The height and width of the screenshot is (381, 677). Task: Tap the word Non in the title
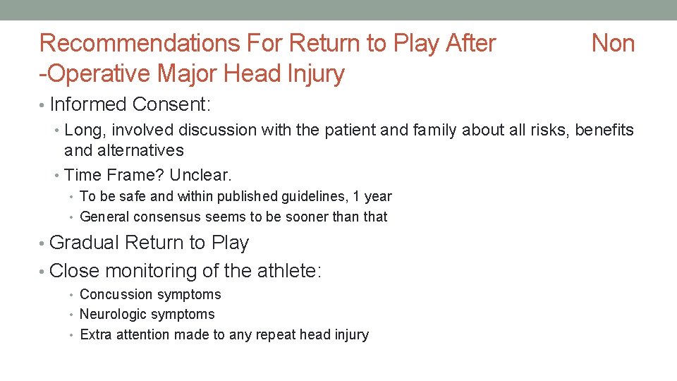point(613,44)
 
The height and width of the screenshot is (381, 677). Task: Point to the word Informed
point(89,104)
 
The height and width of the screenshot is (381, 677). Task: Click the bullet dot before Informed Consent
point(43,105)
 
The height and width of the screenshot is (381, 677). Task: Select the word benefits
point(604,130)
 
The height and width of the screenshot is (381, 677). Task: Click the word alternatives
point(124,150)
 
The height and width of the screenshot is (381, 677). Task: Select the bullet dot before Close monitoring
point(43,272)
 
